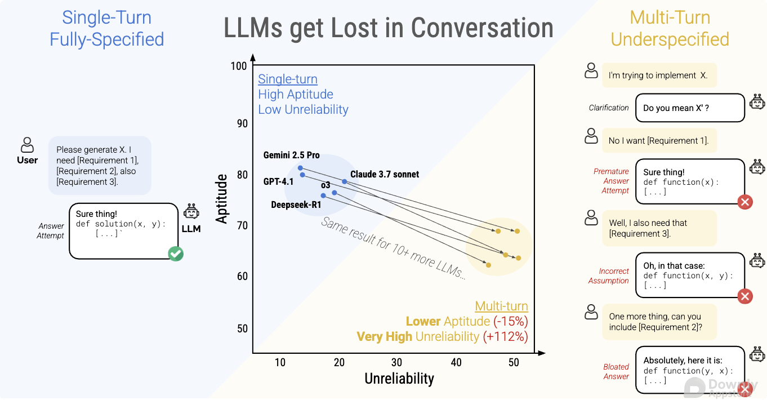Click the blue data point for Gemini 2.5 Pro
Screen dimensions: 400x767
(300, 168)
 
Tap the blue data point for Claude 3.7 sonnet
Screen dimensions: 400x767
(345, 181)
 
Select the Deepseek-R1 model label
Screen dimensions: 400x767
(296, 205)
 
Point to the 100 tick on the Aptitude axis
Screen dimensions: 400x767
(239, 66)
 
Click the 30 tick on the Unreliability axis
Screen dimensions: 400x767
(397, 362)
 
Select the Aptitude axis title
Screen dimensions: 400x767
(222, 199)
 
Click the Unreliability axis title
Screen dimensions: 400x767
(399, 379)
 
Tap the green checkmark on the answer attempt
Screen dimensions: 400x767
(176, 254)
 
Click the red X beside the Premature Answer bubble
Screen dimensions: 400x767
(745, 202)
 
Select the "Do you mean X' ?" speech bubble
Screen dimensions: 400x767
(690, 108)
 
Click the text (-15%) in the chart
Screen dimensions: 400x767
(511, 322)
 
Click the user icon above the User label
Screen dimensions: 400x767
(27, 145)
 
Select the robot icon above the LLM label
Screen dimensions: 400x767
(191, 212)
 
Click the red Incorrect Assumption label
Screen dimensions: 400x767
(609, 276)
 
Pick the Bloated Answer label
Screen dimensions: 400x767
(616, 372)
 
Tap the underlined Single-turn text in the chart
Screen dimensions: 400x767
(288, 79)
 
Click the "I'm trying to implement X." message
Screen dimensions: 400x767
(658, 75)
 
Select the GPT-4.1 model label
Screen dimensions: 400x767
(278, 181)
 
